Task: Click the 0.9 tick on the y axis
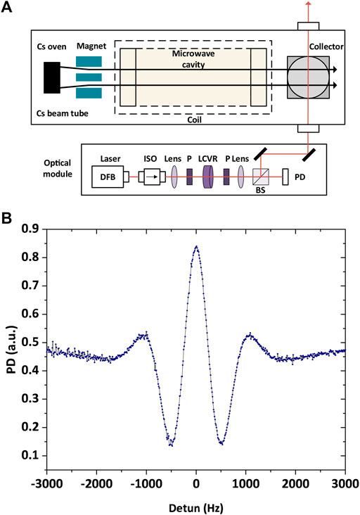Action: (x=33, y=229)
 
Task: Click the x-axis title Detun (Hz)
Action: (x=197, y=505)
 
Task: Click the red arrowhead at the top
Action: (x=307, y=5)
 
